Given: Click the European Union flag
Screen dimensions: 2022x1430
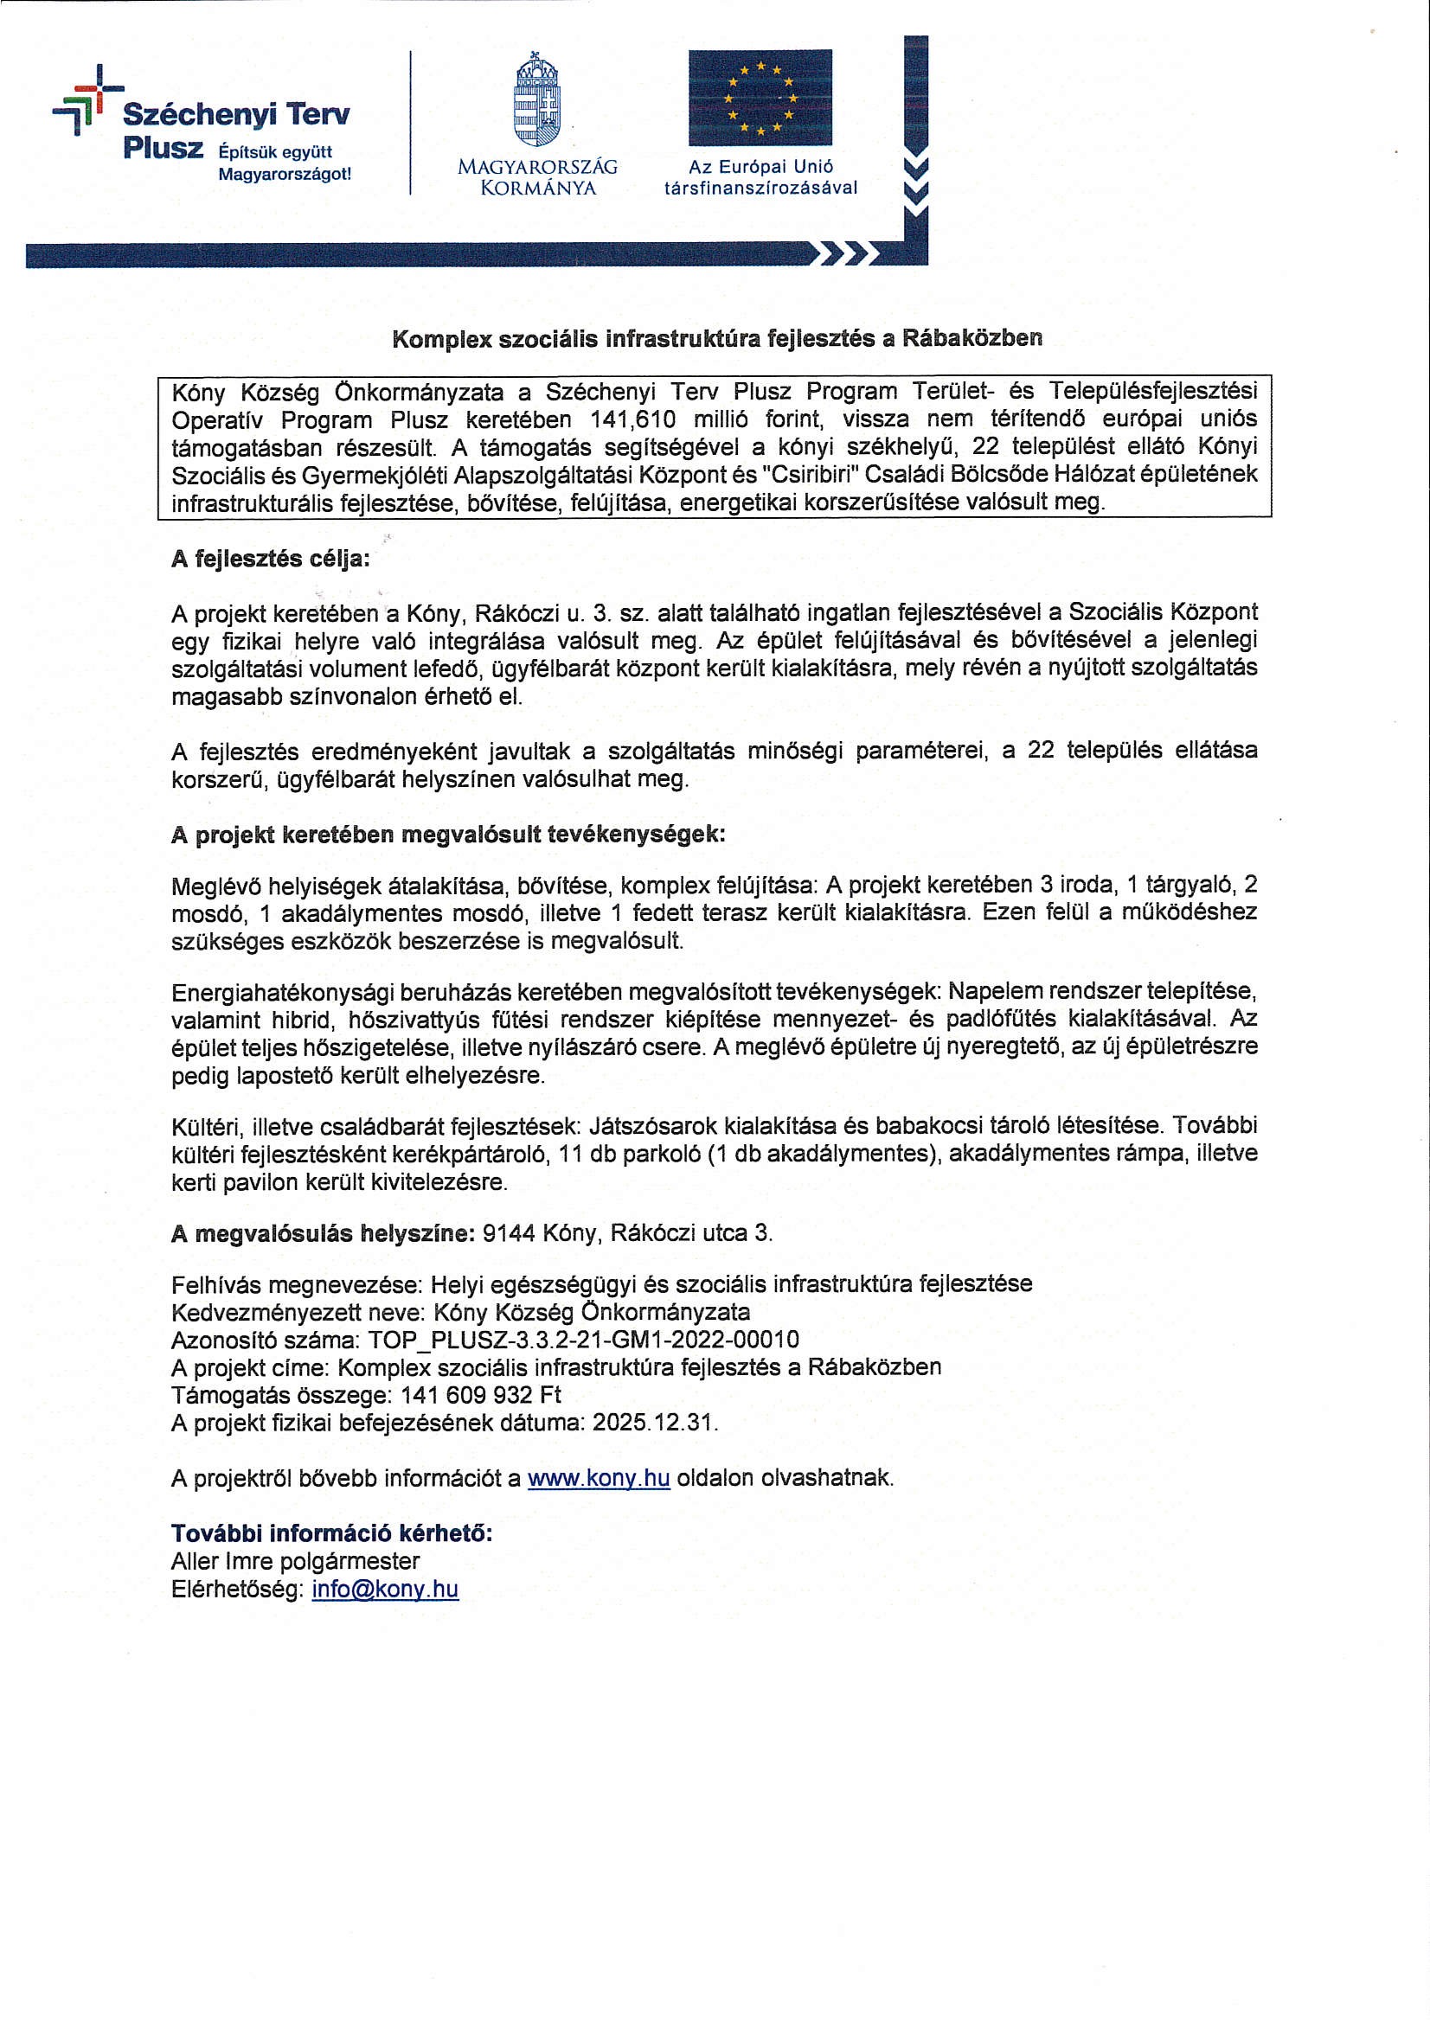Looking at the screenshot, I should coord(760,97).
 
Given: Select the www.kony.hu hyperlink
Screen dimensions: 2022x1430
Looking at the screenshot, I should coord(599,1477).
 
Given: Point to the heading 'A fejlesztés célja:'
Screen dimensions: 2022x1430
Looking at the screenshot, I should coord(271,559).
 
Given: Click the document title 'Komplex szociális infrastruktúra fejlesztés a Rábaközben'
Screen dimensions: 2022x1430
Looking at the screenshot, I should coord(716,338).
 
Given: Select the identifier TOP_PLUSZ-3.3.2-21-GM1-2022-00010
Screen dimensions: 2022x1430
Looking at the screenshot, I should coord(583,1339).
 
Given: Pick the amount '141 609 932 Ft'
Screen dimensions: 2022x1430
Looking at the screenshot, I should coord(480,1394).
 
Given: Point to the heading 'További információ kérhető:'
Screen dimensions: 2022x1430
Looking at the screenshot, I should coord(331,1532).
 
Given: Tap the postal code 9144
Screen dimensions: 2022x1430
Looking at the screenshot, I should coord(509,1232).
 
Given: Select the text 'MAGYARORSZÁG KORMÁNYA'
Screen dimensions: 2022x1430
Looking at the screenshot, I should coord(537,177).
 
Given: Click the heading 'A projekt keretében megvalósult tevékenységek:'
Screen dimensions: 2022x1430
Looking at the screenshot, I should coord(447,834).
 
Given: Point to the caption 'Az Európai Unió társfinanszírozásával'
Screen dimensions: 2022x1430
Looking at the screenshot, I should coord(760,177).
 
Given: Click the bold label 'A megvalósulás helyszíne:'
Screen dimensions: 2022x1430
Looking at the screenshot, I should coord(324,1232).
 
